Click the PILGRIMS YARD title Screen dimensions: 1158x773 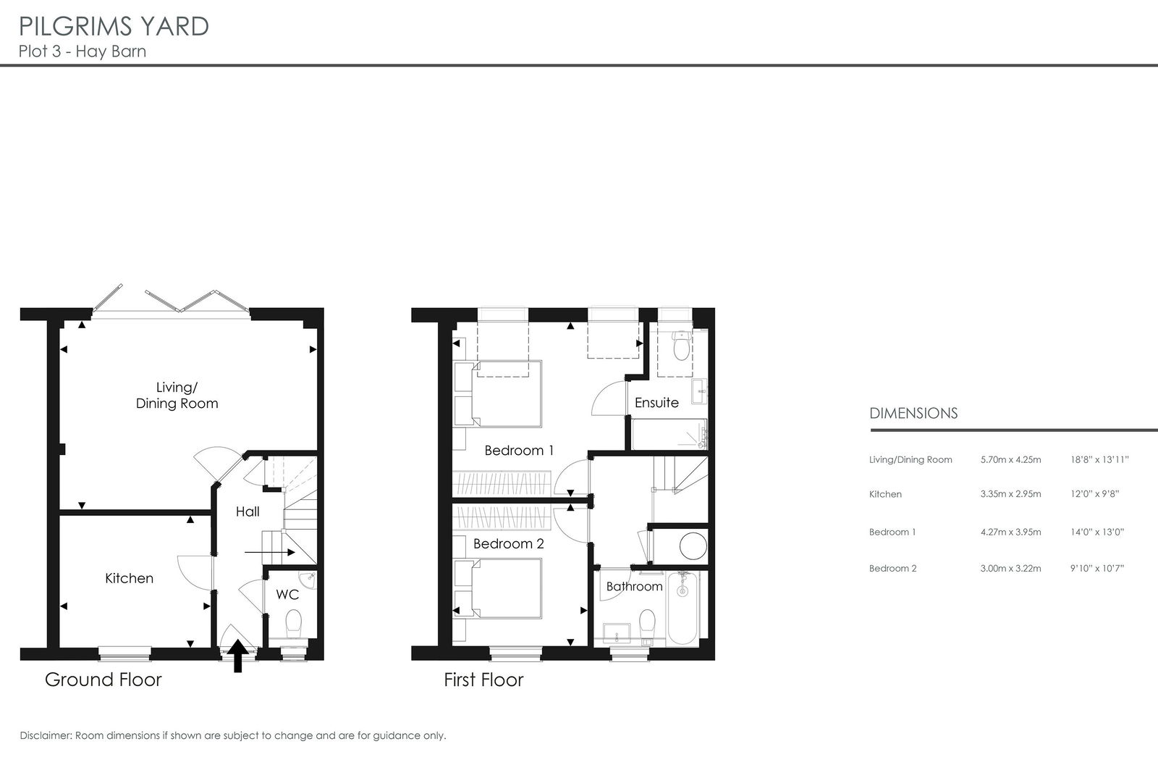(x=114, y=26)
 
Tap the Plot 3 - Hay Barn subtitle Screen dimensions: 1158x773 (x=83, y=51)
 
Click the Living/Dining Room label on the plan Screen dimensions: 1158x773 (x=177, y=396)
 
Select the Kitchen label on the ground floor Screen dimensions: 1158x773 (x=130, y=578)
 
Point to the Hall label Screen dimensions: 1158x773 (x=248, y=511)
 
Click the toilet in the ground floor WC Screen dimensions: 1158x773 (x=294, y=625)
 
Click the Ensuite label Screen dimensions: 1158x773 (x=656, y=403)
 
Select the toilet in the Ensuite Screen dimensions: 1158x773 (x=682, y=346)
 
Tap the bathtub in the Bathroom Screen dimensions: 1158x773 (x=682, y=608)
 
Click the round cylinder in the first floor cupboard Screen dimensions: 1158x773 (x=693, y=546)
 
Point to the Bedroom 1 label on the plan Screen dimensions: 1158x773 (x=519, y=451)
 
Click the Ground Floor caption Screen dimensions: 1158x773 (x=103, y=680)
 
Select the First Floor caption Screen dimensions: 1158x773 (x=484, y=680)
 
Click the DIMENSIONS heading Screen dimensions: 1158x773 (x=913, y=413)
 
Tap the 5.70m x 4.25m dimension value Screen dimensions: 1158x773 (x=1010, y=459)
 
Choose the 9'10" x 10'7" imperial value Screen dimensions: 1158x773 (x=1097, y=568)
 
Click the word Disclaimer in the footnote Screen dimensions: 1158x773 (x=46, y=735)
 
